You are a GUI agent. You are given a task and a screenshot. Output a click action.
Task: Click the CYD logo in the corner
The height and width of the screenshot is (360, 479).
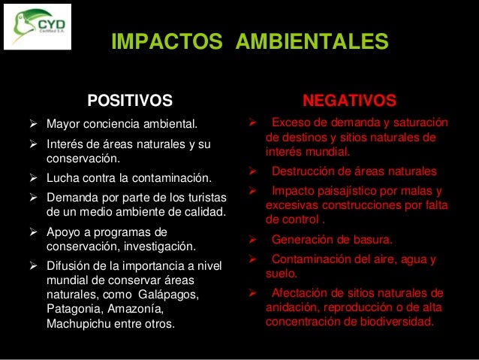point(37,26)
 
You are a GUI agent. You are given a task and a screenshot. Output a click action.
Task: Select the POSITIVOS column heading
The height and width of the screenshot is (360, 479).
point(130,100)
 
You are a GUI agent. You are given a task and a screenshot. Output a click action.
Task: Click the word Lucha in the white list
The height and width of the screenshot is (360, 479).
point(62,179)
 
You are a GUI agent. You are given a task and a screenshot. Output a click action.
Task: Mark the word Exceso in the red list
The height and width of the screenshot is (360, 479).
point(290,123)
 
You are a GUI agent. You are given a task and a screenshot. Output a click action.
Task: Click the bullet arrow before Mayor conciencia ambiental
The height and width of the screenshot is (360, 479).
point(33,123)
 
